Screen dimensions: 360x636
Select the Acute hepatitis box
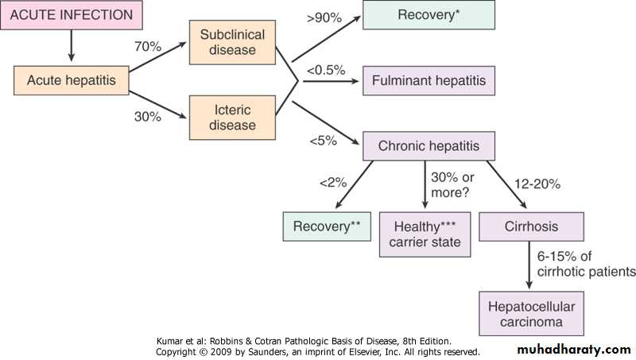[x=71, y=80]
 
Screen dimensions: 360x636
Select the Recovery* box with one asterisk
[x=429, y=15]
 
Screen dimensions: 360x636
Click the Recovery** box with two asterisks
[x=327, y=226]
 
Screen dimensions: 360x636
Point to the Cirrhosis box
[x=531, y=226]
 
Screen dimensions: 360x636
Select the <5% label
[x=323, y=141]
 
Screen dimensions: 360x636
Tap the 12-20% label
[x=538, y=184]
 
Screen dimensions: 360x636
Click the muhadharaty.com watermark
[x=573, y=350]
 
